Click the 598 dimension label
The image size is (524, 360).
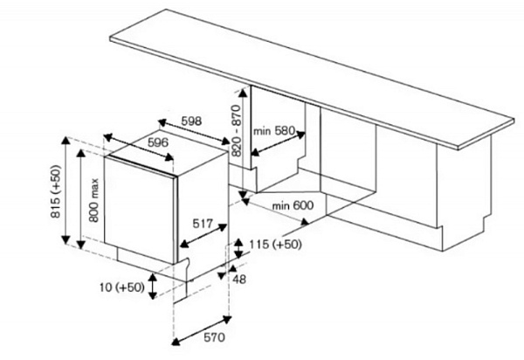pos(191,121)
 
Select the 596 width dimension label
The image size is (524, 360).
pos(158,142)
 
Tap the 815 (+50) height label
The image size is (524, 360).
pos(56,192)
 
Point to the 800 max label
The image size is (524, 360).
pos(94,200)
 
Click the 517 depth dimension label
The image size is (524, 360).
pos(203,224)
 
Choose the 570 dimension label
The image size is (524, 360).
pos(214,337)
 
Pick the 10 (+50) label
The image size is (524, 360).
pos(122,287)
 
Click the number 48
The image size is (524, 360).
pos(239,279)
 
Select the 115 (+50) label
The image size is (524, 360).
pos(275,245)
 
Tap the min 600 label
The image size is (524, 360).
pos(293,205)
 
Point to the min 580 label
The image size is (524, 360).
pos(274,131)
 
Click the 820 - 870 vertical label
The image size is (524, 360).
pos(237,131)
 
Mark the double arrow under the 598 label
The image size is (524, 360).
pos(194,132)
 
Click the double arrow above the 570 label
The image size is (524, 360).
pos(202,330)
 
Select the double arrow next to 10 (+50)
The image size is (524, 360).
pos(153,286)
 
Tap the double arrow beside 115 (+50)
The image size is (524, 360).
pos(238,249)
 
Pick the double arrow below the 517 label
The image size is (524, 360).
pos(203,236)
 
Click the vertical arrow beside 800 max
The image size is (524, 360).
pos(81,199)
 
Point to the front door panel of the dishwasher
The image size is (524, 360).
pos(140,210)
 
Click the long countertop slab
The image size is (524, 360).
pos(312,80)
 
